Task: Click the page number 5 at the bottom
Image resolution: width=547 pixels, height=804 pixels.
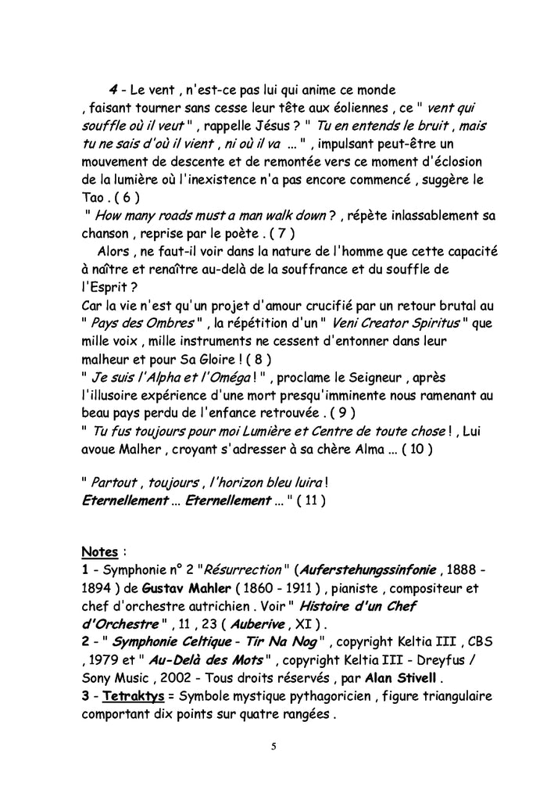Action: point(273,745)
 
